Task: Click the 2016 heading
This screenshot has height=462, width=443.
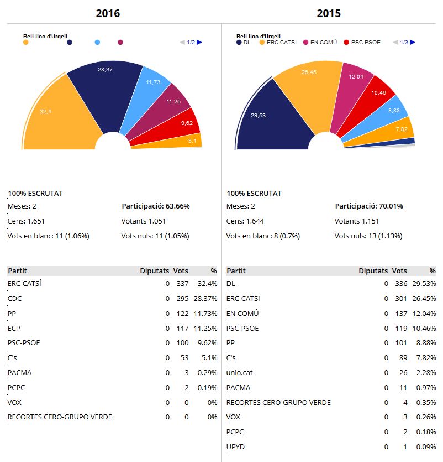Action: (108, 13)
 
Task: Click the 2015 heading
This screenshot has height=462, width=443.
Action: (329, 13)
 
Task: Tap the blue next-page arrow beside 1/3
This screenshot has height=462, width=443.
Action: (413, 42)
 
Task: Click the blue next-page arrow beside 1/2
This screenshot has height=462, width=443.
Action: (199, 42)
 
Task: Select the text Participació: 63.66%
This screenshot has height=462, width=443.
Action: (156, 206)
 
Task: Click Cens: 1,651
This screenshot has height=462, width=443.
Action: (22, 221)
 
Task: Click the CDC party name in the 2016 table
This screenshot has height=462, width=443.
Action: (14, 298)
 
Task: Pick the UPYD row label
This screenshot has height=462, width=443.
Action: (235, 447)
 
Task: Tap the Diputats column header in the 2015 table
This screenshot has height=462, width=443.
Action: (373, 271)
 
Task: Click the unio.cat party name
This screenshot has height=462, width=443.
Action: (239, 372)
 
